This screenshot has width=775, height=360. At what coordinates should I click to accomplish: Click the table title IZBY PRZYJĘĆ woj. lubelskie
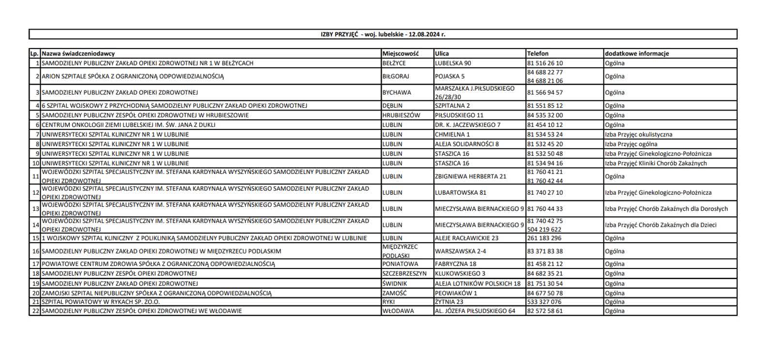pyautogui.click(x=383, y=34)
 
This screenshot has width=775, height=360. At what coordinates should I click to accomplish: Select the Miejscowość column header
pyautogui.click(x=400, y=54)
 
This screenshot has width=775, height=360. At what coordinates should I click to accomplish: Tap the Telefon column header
pyautogui.click(x=538, y=54)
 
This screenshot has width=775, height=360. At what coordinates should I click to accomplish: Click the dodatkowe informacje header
pyautogui.click(x=636, y=54)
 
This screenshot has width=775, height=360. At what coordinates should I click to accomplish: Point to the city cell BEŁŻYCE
pyautogui.click(x=394, y=63)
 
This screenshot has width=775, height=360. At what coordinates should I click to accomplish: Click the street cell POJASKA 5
pyautogui.click(x=449, y=77)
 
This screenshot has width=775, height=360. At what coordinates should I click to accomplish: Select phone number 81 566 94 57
pyautogui.click(x=545, y=93)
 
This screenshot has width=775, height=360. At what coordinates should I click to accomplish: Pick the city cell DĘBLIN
pyautogui.click(x=392, y=106)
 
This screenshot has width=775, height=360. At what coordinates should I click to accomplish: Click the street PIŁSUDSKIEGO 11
pyautogui.click(x=459, y=115)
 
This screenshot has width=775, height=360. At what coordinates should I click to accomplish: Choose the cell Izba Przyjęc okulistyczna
pyautogui.click(x=638, y=135)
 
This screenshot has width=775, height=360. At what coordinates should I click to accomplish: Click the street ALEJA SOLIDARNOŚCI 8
pyautogui.click(x=466, y=144)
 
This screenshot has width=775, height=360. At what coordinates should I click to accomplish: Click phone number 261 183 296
pyautogui.click(x=544, y=238)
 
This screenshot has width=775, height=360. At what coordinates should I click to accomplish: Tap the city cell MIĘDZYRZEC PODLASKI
pyautogui.click(x=400, y=251)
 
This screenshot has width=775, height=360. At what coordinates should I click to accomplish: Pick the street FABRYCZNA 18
pyautogui.click(x=455, y=264)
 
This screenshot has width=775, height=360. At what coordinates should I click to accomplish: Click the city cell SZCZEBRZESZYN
pyautogui.click(x=404, y=274)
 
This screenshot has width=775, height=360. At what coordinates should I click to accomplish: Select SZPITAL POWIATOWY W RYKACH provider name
pyautogui.click(x=100, y=302)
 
